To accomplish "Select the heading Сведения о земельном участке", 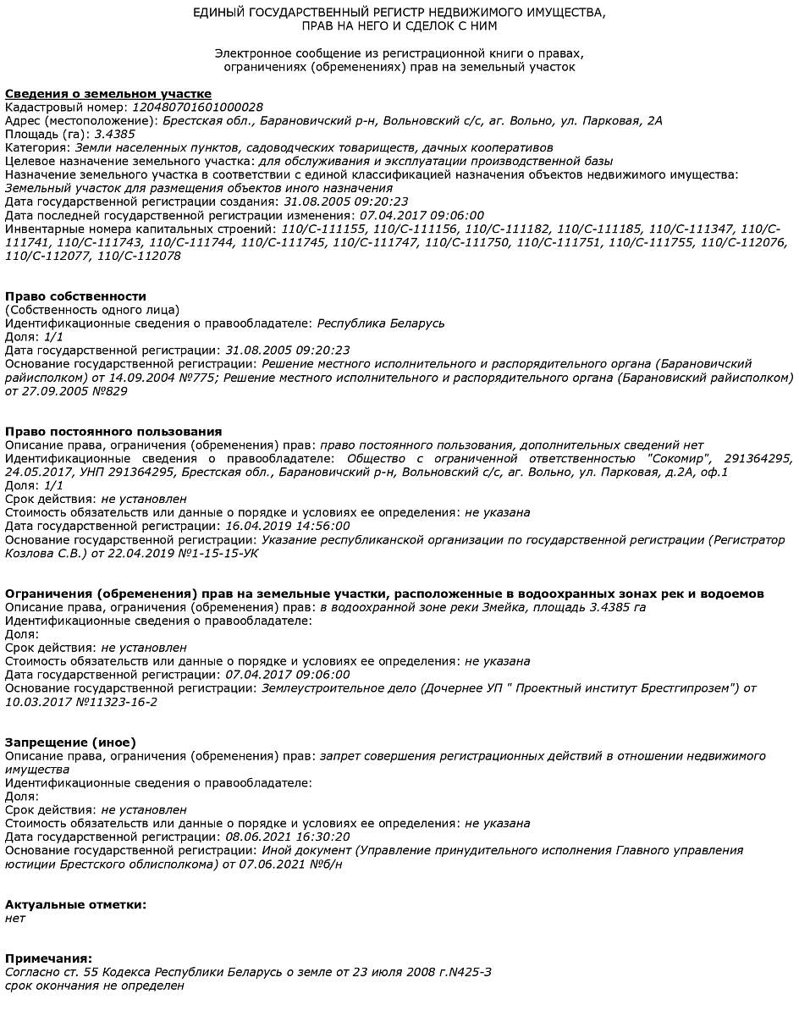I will point(108,94).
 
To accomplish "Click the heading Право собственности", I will point(76,296).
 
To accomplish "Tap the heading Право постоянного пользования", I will point(113,432).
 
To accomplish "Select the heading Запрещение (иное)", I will point(70,743).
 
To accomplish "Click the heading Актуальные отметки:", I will point(75,905).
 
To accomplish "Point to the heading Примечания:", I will point(48,959).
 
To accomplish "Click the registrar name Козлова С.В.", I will point(40,554).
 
